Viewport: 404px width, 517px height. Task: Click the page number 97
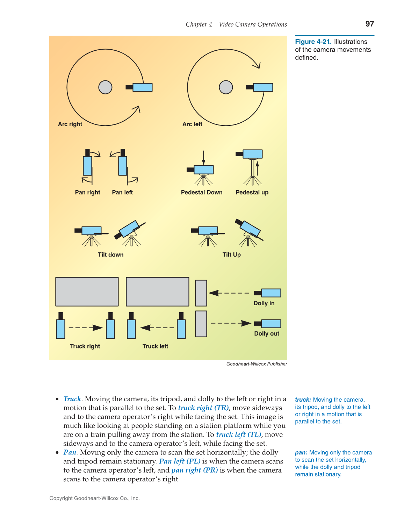click(369, 24)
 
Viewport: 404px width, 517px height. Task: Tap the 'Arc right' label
click(70, 124)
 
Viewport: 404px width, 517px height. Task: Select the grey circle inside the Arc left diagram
click(226, 87)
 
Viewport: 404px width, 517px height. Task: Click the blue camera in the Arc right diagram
click(142, 87)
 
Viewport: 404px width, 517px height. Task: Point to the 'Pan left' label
click(122, 192)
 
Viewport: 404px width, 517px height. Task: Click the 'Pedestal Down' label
click(202, 192)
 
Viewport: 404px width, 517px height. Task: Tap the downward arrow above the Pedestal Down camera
click(204, 158)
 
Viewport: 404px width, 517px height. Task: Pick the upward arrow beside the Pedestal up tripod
click(258, 168)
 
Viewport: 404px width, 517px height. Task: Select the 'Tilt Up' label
click(231, 255)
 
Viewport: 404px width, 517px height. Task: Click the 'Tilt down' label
click(110, 255)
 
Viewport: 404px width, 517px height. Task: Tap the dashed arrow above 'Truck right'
click(86, 328)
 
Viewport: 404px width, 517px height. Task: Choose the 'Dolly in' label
click(264, 303)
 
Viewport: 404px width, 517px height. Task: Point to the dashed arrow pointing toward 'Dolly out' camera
click(231, 323)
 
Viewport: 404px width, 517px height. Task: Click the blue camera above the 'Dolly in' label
click(270, 293)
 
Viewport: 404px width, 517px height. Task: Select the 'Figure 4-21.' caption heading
click(313, 42)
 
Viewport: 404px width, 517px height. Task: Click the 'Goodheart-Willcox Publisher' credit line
click(257, 364)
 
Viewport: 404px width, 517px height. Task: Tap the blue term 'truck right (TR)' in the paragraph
click(203, 408)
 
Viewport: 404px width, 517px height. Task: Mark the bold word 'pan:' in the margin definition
click(301, 453)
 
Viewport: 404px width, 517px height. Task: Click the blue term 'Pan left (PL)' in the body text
click(180, 461)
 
